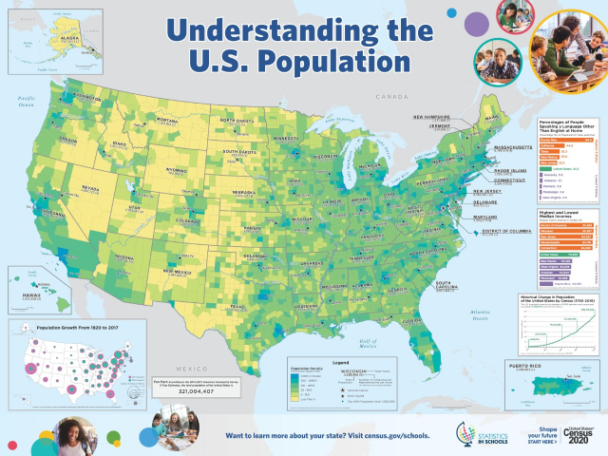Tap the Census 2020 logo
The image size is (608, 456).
576,432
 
